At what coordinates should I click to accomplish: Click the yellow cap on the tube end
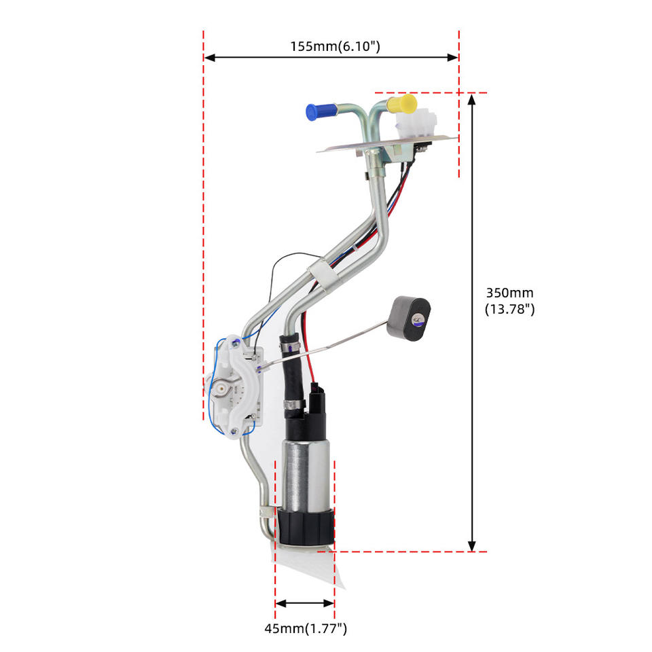click(401, 104)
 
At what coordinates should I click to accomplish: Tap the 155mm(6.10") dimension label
click(335, 46)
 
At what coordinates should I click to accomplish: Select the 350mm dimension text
click(509, 293)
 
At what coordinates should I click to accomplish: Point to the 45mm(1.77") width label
click(306, 628)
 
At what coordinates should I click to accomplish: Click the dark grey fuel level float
click(409, 319)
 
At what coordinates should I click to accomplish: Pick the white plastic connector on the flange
click(416, 122)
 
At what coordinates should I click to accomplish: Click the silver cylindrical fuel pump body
click(306, 475)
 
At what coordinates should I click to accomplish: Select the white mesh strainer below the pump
click(310, 566)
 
